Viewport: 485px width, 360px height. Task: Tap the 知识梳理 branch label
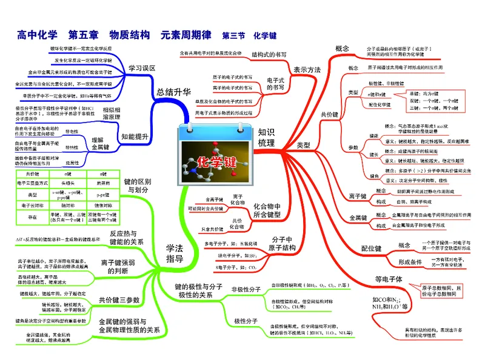click(x=266, y=138)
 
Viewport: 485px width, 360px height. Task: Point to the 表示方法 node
click(x=307, y=70)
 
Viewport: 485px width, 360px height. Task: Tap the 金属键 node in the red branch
click(x=358, y=218)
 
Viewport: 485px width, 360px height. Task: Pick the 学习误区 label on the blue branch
click(x=141, y=68)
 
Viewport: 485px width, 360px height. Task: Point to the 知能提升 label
click(x=135, y=137)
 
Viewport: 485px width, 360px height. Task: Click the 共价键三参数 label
click(x=119, y=299)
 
